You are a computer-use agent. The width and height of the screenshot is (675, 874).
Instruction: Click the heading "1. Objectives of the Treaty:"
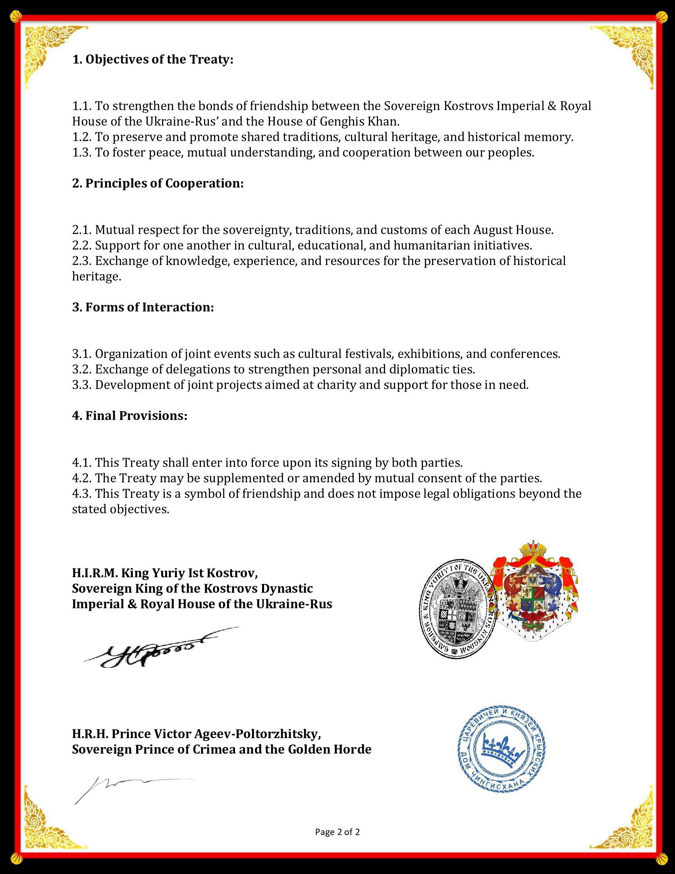pos(152,60)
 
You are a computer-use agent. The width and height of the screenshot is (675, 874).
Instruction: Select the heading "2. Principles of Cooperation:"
pos(158,183)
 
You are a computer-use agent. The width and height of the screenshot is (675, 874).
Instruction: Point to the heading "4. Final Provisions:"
pos(129,416)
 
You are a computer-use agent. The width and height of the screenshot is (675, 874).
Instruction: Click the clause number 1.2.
pos(81,137)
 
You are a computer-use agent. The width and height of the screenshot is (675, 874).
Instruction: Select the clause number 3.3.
pos(81,385)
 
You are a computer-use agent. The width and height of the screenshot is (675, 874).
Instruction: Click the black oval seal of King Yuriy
pos(456,608)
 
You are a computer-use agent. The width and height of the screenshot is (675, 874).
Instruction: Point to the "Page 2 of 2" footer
pos(337,832)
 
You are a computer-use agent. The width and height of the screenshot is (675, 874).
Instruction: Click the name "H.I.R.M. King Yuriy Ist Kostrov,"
pos(165,573)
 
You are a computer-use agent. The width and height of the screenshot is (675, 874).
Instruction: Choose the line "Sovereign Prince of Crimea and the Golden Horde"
pos(222,749)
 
